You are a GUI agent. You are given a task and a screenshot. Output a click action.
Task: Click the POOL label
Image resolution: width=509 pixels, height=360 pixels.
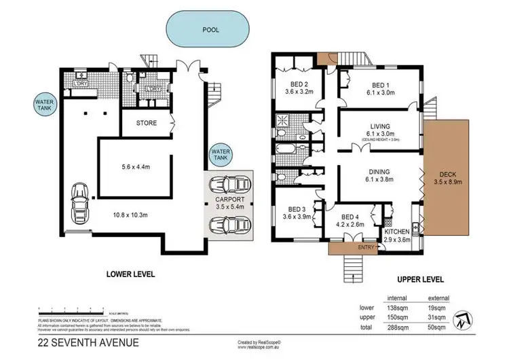(210, 31)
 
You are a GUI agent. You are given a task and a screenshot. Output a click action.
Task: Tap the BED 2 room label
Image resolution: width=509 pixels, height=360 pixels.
(295, 88)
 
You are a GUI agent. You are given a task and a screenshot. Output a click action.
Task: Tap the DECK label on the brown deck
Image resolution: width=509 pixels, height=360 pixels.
(445, 176)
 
